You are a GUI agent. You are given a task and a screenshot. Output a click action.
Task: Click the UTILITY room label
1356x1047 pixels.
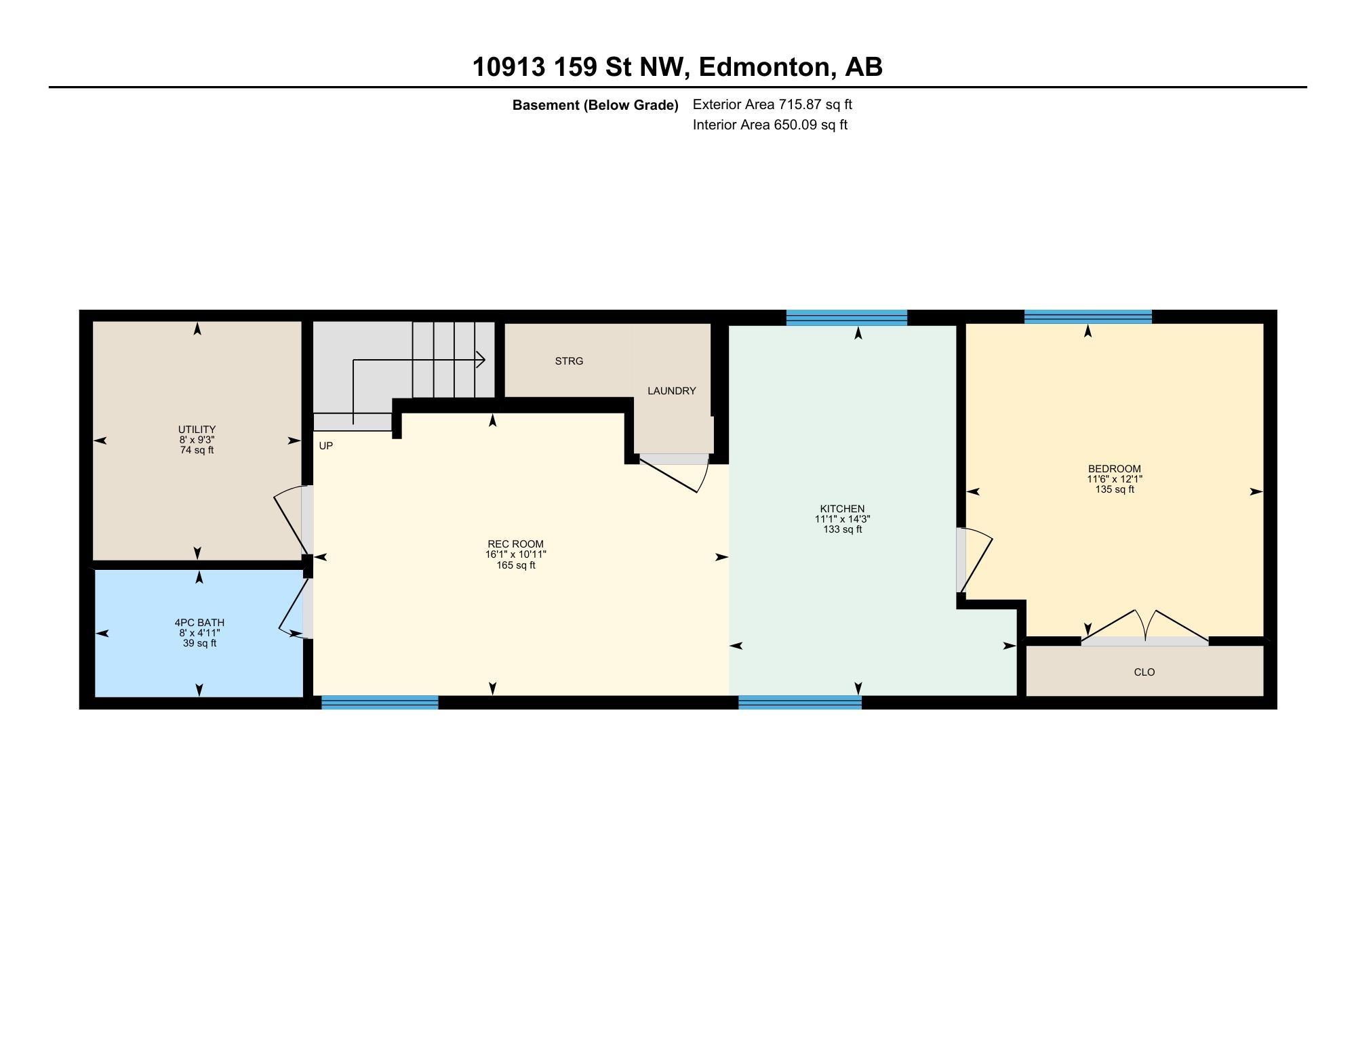(197, 430)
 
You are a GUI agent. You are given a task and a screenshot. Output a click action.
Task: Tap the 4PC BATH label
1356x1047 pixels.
(199, 623)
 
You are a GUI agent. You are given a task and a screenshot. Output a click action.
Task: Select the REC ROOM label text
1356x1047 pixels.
(515, 544)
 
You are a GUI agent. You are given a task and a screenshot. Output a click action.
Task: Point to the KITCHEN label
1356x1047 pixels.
(842, 509)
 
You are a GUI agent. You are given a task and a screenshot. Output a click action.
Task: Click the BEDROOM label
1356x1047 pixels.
(1114, 469)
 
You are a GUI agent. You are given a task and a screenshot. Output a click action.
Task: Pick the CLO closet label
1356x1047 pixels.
(1144, 672)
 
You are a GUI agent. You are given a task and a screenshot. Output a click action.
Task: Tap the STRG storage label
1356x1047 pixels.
(569, 361)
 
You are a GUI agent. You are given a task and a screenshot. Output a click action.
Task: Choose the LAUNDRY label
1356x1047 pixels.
(671, 391)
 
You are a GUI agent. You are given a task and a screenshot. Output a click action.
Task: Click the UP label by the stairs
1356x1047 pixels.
(325, 446)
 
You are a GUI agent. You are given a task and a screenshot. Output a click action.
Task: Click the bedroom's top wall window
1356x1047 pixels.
(1088, 316)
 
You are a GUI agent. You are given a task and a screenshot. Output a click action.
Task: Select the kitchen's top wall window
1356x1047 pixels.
(846, 317)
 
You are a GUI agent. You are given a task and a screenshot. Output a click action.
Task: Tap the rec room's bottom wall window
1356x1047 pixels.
(380, 703)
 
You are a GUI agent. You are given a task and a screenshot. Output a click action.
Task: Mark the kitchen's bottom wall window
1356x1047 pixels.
(799, 703)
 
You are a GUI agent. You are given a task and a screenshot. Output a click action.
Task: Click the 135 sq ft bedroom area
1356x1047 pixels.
(1114, 489)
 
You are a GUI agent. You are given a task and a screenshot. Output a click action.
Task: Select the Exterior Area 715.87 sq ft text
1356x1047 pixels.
(772, 105)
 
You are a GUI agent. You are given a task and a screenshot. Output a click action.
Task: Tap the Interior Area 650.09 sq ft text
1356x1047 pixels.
(770, 125)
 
